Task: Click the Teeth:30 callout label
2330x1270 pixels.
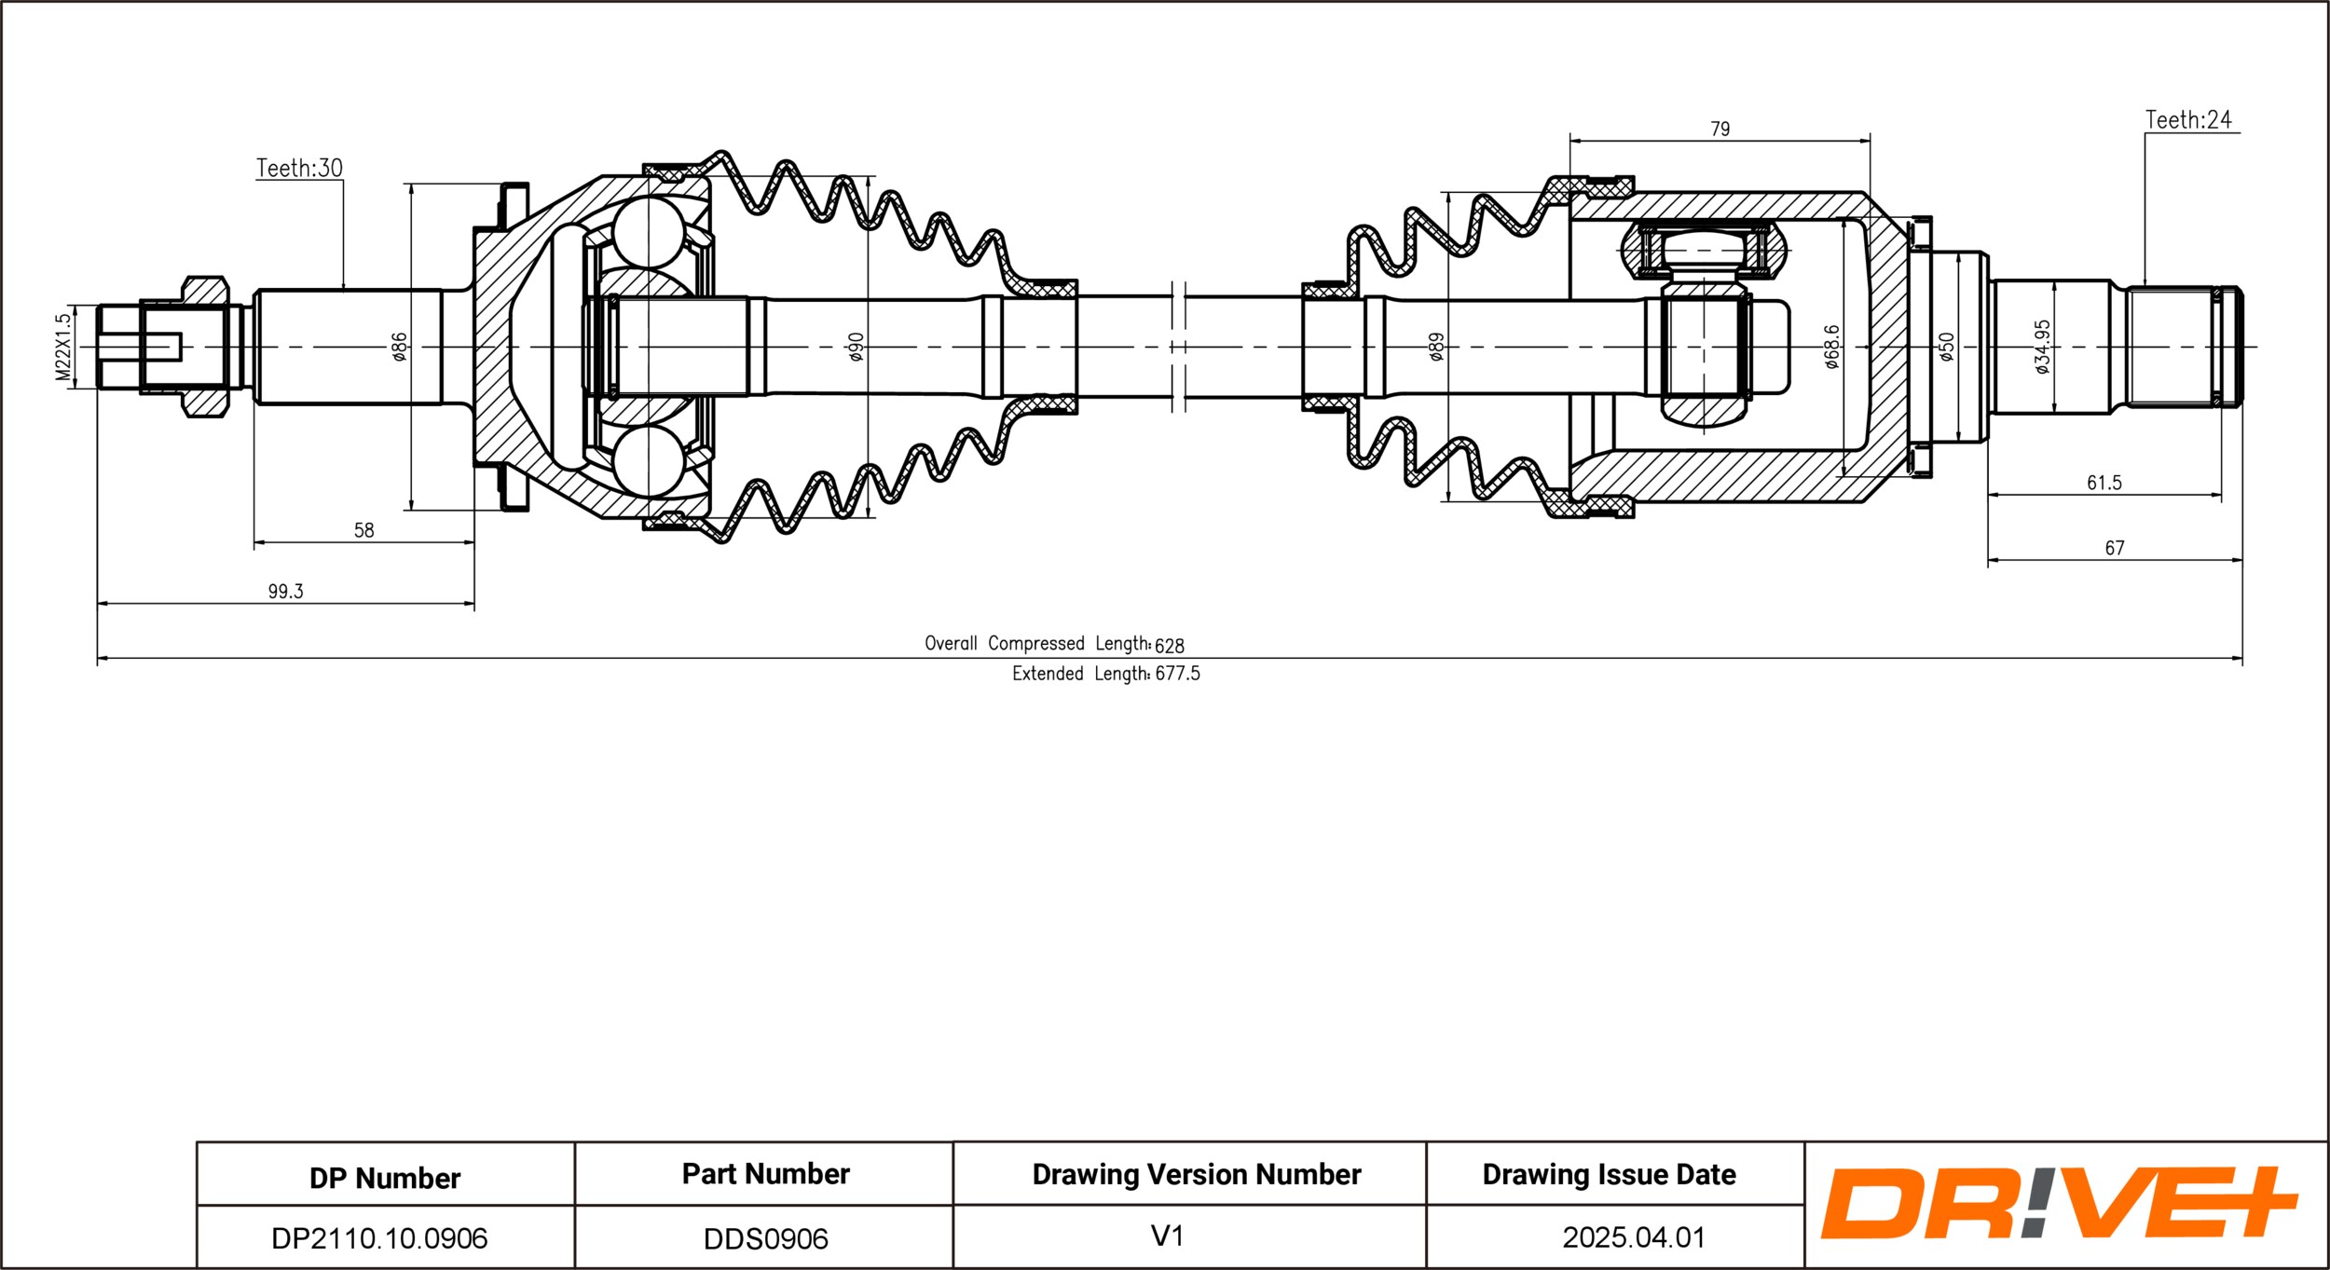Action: (x=299, y=169)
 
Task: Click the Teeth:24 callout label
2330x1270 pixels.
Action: (x=2188, y=120)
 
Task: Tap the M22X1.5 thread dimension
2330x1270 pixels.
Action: (x=63, y=347)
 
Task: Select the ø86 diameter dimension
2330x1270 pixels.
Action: (x=400, y=347)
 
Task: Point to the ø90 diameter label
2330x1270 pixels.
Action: (x=857, y=347)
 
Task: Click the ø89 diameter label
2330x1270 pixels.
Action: (x=1436, y=347)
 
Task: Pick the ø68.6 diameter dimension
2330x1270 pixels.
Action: (x=1832, y=347)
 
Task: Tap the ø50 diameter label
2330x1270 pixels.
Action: (x=1946, y=347)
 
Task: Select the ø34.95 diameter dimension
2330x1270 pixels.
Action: (x=2043, y=347)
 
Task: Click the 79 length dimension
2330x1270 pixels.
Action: (x=1720, y=130)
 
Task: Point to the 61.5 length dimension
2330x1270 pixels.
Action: (x=2104, y=483)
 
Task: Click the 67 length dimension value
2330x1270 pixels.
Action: (x=2115, y=548)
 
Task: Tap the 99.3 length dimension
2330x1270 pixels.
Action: (x=285, y=592)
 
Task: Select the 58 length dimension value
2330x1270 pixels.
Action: (x=363, y=530)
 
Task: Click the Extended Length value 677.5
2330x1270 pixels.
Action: (x=1177, y=674)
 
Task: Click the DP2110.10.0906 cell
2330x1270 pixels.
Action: (x=379, y=1238)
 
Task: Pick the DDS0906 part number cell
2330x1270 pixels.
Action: (x=765, y=1238)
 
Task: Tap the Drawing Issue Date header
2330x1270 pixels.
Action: (x=1609, y=1174)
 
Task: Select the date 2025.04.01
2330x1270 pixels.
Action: (x=1634, y=1237)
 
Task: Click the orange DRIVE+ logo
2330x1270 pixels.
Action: (x=2060, y=1203)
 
